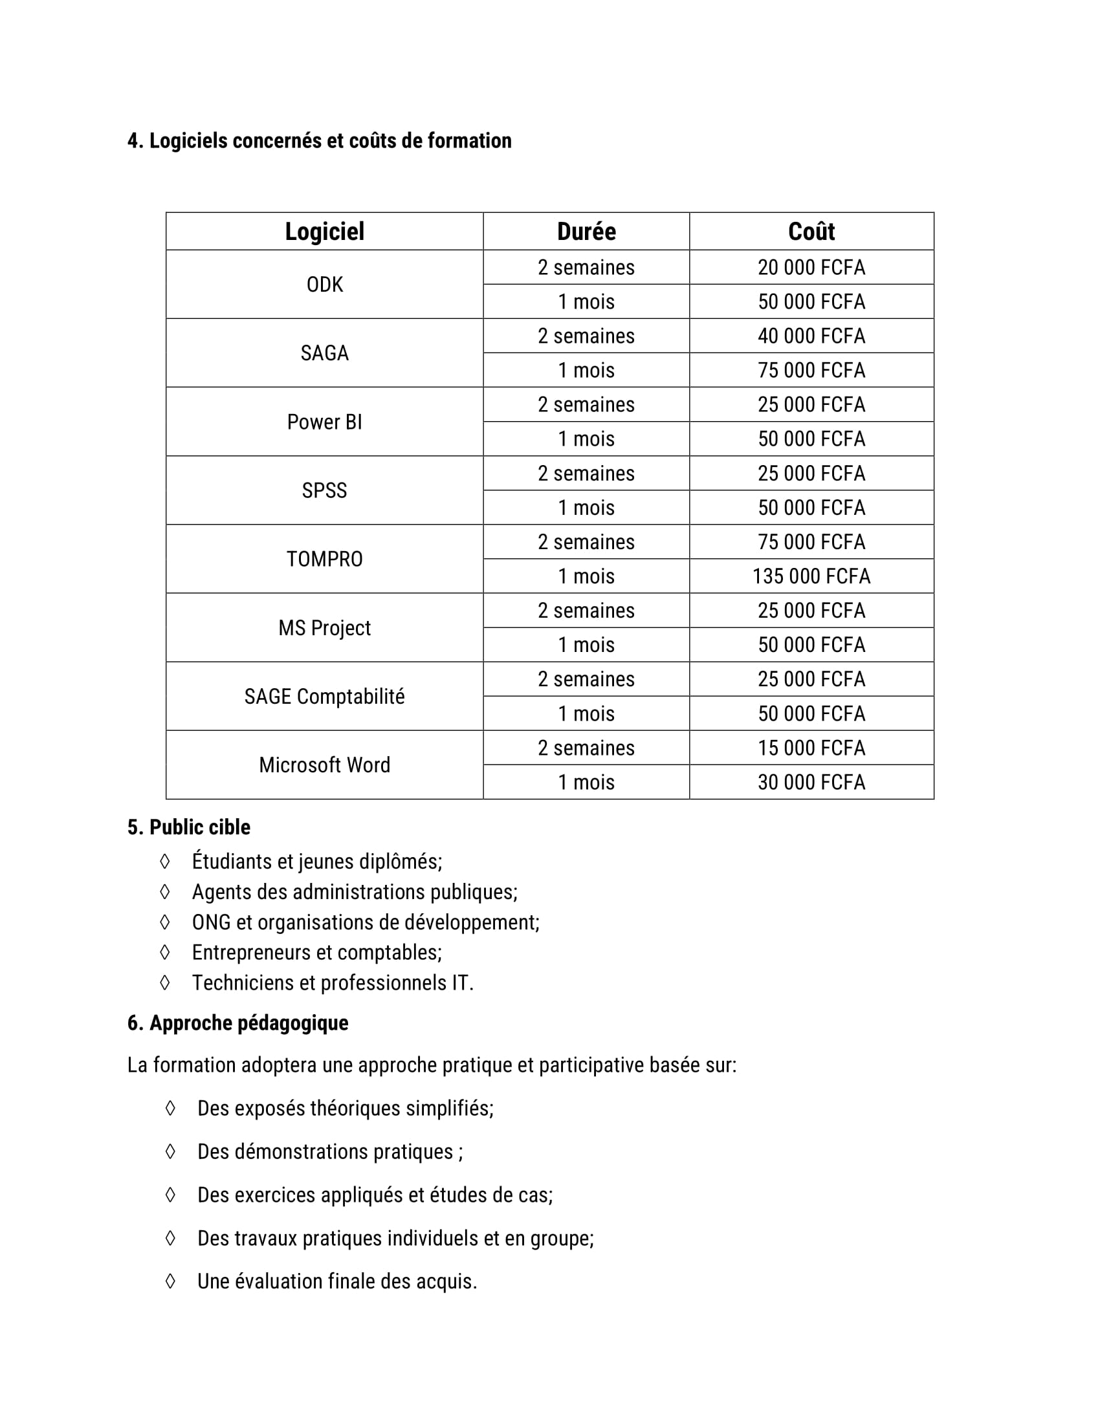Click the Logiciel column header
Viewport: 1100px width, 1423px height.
tap(325, 232)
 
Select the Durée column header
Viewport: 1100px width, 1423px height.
tap(586, 232)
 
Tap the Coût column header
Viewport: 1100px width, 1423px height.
tap(811, 232)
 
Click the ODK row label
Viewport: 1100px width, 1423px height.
tap(325, 285)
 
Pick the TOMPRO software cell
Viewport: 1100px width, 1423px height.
tap(325, 559)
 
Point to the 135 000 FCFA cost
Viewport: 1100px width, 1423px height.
tap(811, 576)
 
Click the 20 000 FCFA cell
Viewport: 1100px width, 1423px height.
tap(811, 267)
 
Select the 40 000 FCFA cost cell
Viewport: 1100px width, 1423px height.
tap(811, 336)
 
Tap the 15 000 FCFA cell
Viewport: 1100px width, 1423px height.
tap(811, 748)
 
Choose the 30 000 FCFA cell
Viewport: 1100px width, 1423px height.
tap(811, 782)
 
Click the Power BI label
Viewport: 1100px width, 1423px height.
tap(325, 422)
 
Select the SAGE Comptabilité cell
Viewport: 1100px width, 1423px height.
tap(325, 697)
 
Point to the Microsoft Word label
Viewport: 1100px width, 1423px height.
tap(325, 765)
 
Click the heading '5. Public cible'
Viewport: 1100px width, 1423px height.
tap(189, 827)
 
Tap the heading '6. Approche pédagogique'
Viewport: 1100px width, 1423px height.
tap(238, 1023)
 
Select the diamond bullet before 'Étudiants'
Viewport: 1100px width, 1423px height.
tap(165, 862)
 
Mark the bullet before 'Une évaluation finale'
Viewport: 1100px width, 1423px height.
tap(170, 1281)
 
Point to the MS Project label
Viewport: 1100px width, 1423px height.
tap(325, 627)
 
